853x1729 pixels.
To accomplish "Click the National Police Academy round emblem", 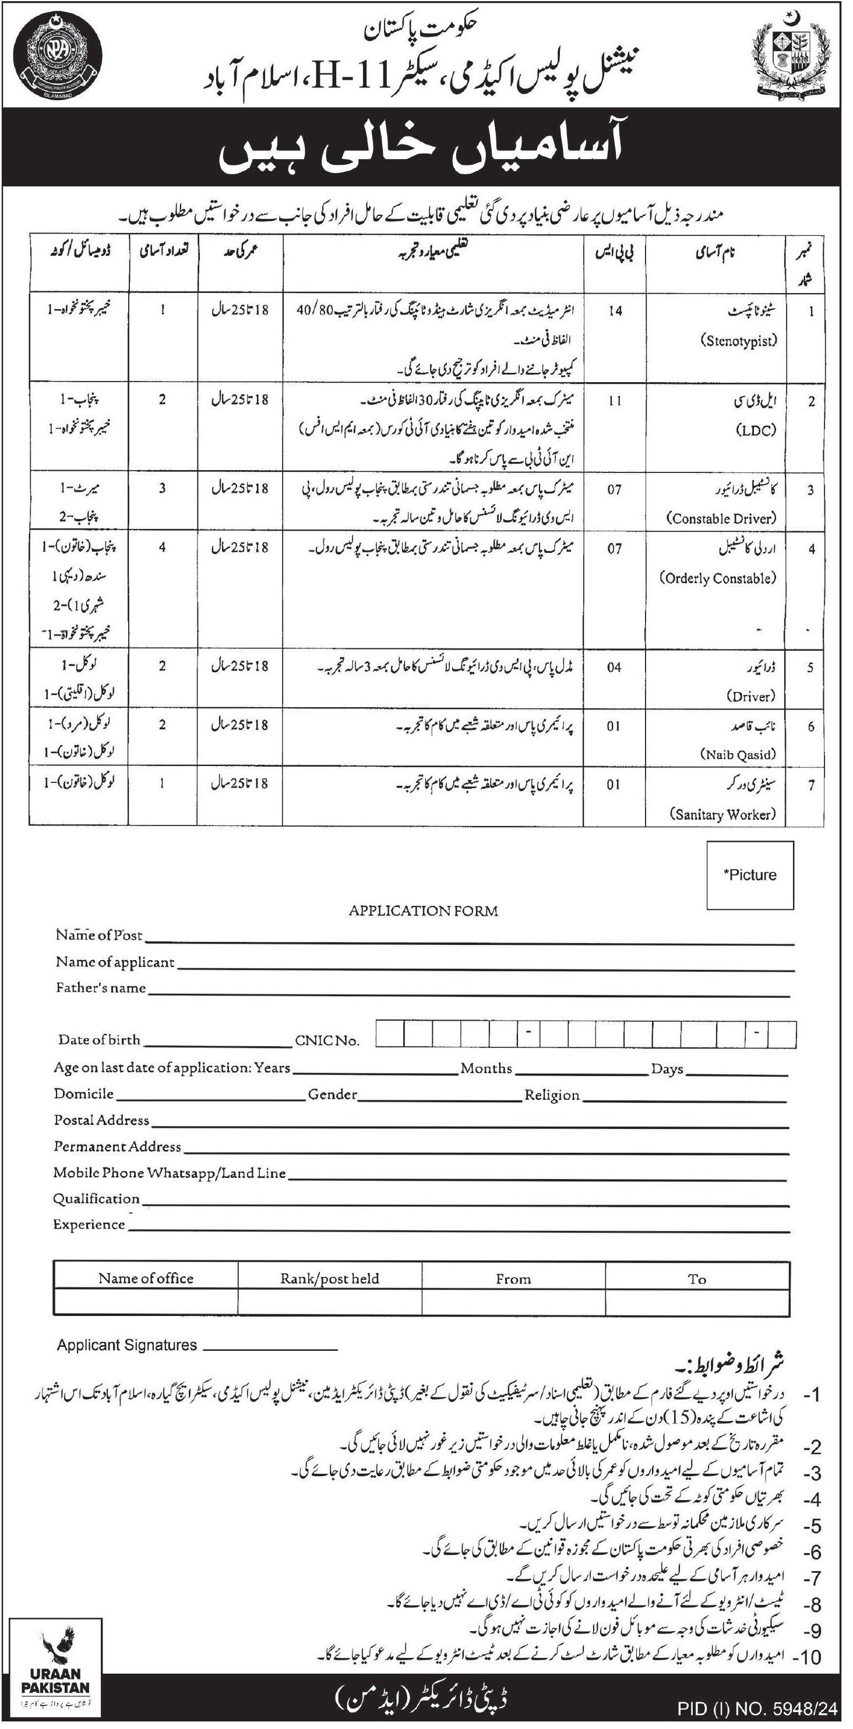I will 58,58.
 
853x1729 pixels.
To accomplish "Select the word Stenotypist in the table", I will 741,340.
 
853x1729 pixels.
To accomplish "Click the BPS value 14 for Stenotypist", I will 615,312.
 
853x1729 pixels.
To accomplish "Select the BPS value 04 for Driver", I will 614,667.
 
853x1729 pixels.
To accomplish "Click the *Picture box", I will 750,875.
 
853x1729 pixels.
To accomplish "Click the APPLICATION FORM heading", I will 424,911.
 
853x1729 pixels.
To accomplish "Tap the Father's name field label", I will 101,987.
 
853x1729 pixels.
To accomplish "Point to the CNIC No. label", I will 327,1040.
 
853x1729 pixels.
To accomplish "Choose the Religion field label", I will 552,1095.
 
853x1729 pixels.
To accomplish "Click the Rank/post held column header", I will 330,1279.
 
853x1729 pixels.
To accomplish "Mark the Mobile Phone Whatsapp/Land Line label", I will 170,1173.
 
